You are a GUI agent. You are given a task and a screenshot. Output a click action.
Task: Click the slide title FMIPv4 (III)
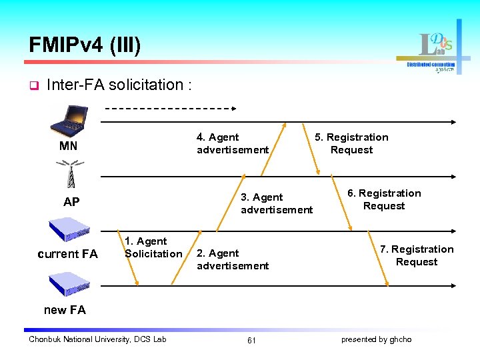85,45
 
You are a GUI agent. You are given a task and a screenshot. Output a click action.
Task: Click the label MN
68,146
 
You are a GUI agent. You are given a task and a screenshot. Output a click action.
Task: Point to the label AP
71,202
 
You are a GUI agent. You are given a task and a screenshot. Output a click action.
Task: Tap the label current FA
67,254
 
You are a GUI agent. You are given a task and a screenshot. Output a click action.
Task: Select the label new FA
65,309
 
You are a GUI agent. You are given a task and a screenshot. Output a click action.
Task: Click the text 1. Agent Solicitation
153,247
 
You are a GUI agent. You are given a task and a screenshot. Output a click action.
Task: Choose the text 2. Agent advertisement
232,259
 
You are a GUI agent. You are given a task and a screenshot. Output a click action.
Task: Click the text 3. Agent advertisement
276,203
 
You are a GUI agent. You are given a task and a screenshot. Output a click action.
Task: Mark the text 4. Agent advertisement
232,143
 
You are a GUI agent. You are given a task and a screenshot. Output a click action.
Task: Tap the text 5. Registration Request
351,143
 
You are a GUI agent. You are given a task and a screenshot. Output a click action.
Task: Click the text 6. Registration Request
384,199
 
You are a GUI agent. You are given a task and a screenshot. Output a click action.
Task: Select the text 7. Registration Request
417,255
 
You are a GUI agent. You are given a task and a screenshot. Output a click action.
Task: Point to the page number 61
251,340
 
